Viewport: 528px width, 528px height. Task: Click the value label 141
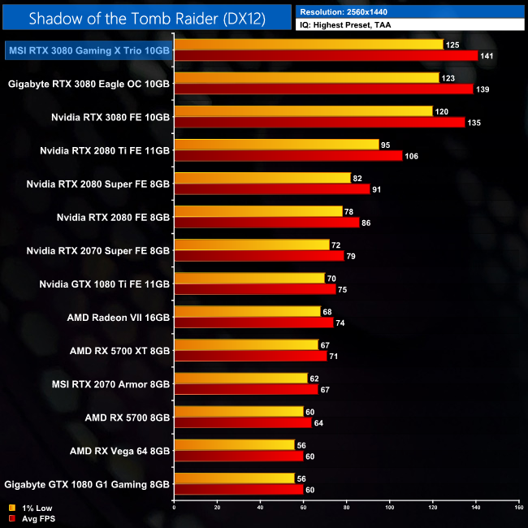(488, 56)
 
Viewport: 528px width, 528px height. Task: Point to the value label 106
(411, 155)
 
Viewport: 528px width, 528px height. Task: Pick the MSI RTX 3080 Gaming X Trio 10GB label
(89, 50)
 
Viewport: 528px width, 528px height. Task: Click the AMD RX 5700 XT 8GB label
(119, 350)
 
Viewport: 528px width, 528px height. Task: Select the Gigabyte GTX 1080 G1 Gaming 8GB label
(89, 483)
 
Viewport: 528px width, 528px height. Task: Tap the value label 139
(483, 89)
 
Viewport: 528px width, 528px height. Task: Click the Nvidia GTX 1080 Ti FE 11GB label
(105, 283)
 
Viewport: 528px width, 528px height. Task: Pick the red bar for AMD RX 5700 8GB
(243, 422)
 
